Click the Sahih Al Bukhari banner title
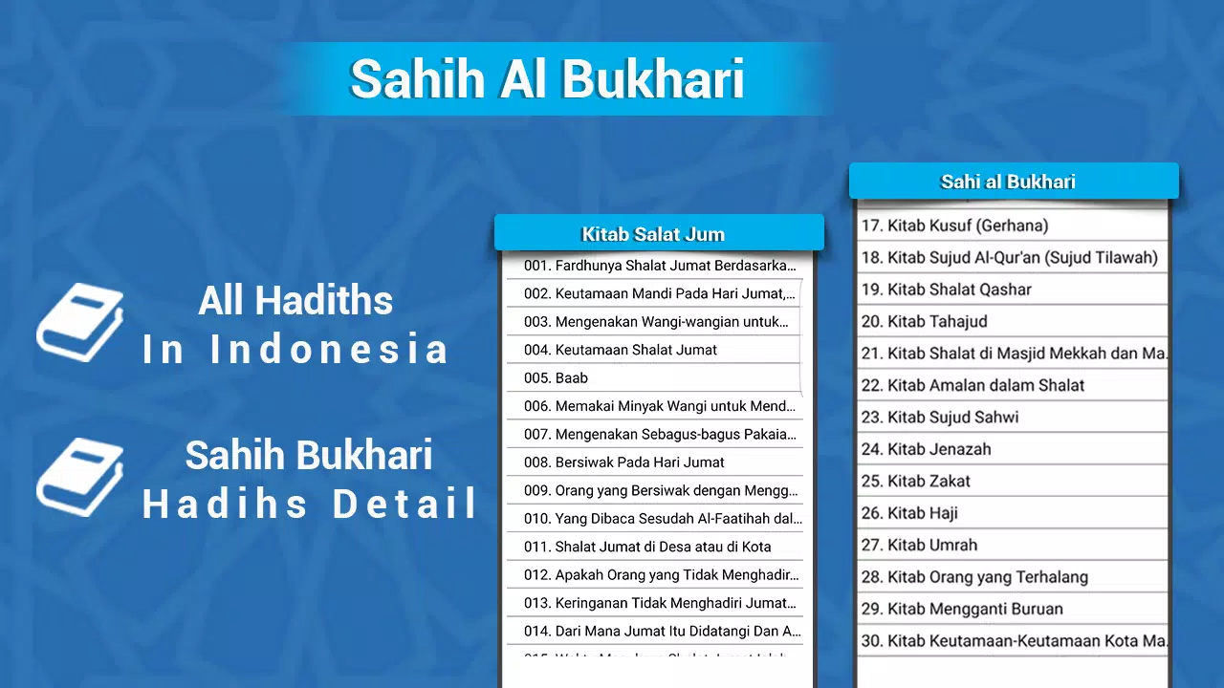(547, 79)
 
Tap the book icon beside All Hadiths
(80, 323)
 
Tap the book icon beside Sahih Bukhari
(80, 478)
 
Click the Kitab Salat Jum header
(654, 234)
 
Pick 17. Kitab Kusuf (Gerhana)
(954, 226)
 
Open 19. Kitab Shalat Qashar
(946, 290)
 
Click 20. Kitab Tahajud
(924, 322)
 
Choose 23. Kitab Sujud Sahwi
(940, 418)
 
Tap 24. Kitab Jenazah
(926, 449)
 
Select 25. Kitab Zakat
(915, 482)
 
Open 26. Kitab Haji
(908, 513)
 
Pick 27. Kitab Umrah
(919, 546)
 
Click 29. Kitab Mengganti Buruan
(962, 609)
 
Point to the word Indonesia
(329, 350)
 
